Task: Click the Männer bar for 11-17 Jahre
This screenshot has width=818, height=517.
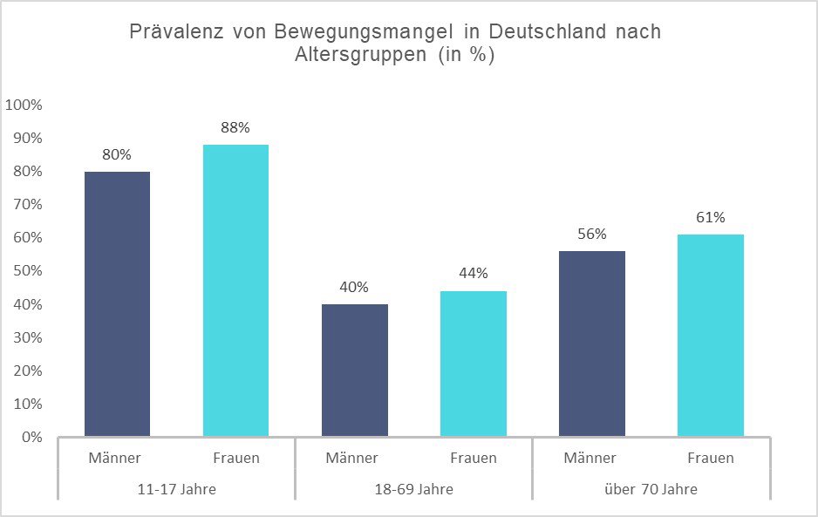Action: click(x=117, y=303)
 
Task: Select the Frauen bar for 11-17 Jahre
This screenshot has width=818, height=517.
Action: click(x=235, y=290)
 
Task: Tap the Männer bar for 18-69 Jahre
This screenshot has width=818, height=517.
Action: click(x=354, y=370)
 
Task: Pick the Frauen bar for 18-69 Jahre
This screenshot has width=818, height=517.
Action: click(x=473, y=364)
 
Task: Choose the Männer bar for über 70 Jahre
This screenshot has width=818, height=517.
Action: click(x=591, y=344)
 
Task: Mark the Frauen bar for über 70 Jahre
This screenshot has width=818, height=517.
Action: click(x=710, y=335)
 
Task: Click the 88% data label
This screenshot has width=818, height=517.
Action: click(x=235, y=127)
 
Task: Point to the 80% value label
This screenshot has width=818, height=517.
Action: click(x=117, y=154)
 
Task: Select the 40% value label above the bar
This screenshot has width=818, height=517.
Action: click(x=354, y=287)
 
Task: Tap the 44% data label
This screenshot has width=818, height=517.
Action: click(x=473, y=274)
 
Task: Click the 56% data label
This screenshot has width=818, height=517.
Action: click(x=591, y=234)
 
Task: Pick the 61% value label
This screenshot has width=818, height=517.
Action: click(x=710, y=217)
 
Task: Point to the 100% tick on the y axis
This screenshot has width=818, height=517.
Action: click(x=24, y=105)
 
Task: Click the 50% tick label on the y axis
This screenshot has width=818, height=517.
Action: click(x=27, y=270)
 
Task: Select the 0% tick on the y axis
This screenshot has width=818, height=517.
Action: click(x=31, y=437)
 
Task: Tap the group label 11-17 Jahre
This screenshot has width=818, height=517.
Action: click(x=176, y=489)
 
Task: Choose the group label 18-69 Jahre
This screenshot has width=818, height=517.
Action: click(x=413, y=489)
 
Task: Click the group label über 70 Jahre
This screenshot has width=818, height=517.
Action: click(x=651, y=489)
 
